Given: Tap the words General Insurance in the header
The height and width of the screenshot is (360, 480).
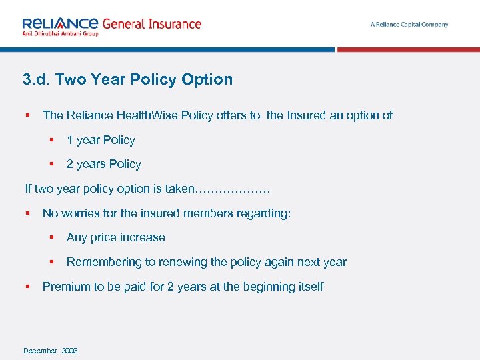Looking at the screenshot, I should tap(152, 24).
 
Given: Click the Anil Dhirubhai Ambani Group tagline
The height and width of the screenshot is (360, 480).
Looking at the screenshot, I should tap(60, 33).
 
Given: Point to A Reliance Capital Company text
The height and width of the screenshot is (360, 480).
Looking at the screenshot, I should tap(409, 25).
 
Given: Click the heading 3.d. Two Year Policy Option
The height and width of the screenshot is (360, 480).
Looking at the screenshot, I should tap(128, 79).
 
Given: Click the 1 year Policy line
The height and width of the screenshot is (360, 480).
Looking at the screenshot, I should tap(101, 140).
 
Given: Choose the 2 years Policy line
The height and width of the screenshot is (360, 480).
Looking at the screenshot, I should tap(103, 164).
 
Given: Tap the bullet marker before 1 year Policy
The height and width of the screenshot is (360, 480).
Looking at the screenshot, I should tap(51, 140).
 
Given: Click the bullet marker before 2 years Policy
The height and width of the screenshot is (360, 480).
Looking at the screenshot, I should tap(51, 164).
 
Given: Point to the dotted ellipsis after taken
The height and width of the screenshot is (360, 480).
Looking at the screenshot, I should tap(231, 189).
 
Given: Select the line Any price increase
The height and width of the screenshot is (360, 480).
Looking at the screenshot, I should tap(115, 237).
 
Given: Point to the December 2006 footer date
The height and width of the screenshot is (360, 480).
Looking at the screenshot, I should tap(50, 351).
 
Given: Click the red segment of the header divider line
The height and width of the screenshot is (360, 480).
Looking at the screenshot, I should tap(408, 49).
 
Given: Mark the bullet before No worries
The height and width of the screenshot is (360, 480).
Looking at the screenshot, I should tap(28, 213).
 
